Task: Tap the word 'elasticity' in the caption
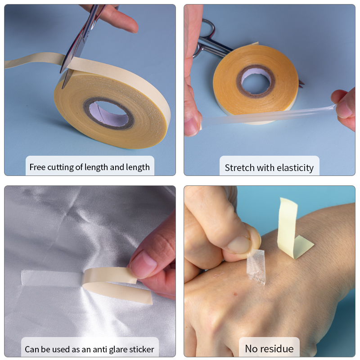coord(295,168)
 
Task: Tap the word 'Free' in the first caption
coord(37,167)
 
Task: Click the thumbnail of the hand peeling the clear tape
coord(239,245)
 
